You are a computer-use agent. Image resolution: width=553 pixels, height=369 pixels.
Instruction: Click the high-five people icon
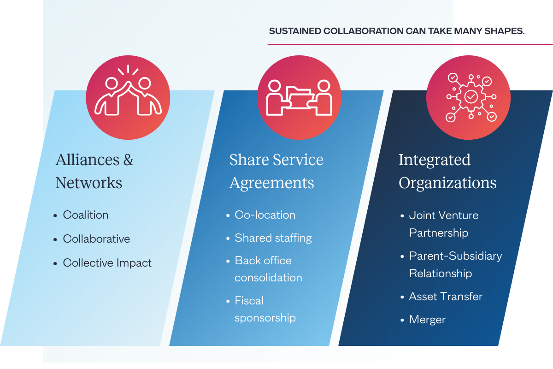pyautogui.click(x=128, y=97)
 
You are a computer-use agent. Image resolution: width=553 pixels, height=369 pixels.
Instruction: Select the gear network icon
pyautogui.click(x=471, y=97)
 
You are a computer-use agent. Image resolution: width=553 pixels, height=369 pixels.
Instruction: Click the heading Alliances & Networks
pyautogui.click(x=94, y=171)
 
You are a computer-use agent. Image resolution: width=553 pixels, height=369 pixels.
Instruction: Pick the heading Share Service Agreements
pyautogui.click(x=276, y=171)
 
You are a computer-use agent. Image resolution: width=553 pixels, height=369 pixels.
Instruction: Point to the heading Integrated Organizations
pyautogui.click(x=447, y=171)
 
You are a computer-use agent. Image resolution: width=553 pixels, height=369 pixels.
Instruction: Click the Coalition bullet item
pyautogui.click(x=86, y=215)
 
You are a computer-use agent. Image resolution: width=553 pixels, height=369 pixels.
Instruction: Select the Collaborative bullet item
pyautogui.click(x=96, y=239)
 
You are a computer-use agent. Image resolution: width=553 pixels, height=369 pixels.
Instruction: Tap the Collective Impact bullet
pyautogui.click(x=107, y=263)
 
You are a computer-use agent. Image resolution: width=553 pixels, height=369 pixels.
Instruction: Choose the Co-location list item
pyautogui.click(x=265, y=215)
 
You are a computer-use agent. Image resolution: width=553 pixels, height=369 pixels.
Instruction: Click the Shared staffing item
pyautogui.click(x=273, y=238)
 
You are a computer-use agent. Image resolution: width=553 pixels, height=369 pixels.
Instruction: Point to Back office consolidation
pyautogui.click(x=268, y=269)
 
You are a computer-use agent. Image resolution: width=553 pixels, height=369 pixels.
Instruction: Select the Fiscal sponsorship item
pyautogui.click(x=265, y=309)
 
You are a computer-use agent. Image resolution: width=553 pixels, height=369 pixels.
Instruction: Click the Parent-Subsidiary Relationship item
pyautogui.click(x=455, y=264)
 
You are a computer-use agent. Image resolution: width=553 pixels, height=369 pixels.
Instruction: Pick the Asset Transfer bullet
pyautogui.click(x=446, y=297)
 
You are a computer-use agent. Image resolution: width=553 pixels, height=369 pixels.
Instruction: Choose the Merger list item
pyautogui.click(x=427, y=320)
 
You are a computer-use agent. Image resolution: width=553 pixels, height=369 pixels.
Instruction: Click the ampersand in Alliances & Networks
pyautogui.click(x=128, y=160)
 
